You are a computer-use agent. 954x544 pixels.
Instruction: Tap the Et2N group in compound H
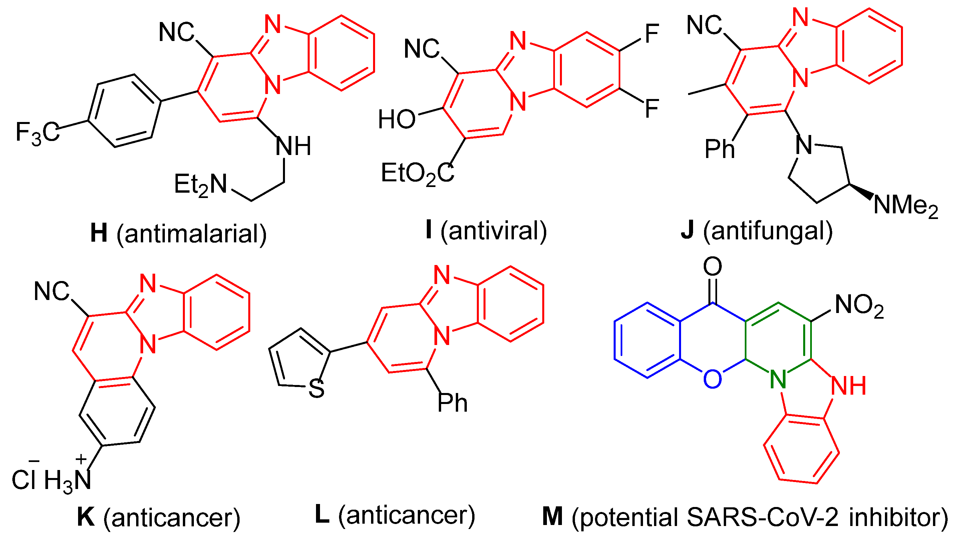(201, 185)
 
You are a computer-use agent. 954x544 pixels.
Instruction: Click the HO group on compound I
(396, 120)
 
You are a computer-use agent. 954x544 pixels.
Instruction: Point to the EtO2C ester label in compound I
(417, 174)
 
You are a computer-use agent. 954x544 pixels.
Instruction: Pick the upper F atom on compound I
(651, 34)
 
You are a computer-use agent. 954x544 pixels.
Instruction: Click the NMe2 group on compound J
(905, 206)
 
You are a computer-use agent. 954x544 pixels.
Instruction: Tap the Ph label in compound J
(719, 149)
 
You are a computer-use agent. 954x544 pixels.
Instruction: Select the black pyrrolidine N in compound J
(803, 145)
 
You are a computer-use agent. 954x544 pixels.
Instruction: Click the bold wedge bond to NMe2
(861, 191)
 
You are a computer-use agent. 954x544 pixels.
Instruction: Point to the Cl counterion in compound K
(25, 480)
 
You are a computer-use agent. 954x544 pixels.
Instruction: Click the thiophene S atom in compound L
(316, 389)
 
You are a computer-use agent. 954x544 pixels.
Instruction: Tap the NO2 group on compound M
(859, 305)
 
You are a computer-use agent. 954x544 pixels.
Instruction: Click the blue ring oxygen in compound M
(712, 379)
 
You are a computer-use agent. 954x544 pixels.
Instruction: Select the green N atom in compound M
(778, 379)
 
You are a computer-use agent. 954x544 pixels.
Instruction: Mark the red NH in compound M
(849, 386)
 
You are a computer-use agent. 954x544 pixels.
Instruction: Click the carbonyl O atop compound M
(712, 266)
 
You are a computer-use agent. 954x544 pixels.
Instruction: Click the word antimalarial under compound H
(191, 234)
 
